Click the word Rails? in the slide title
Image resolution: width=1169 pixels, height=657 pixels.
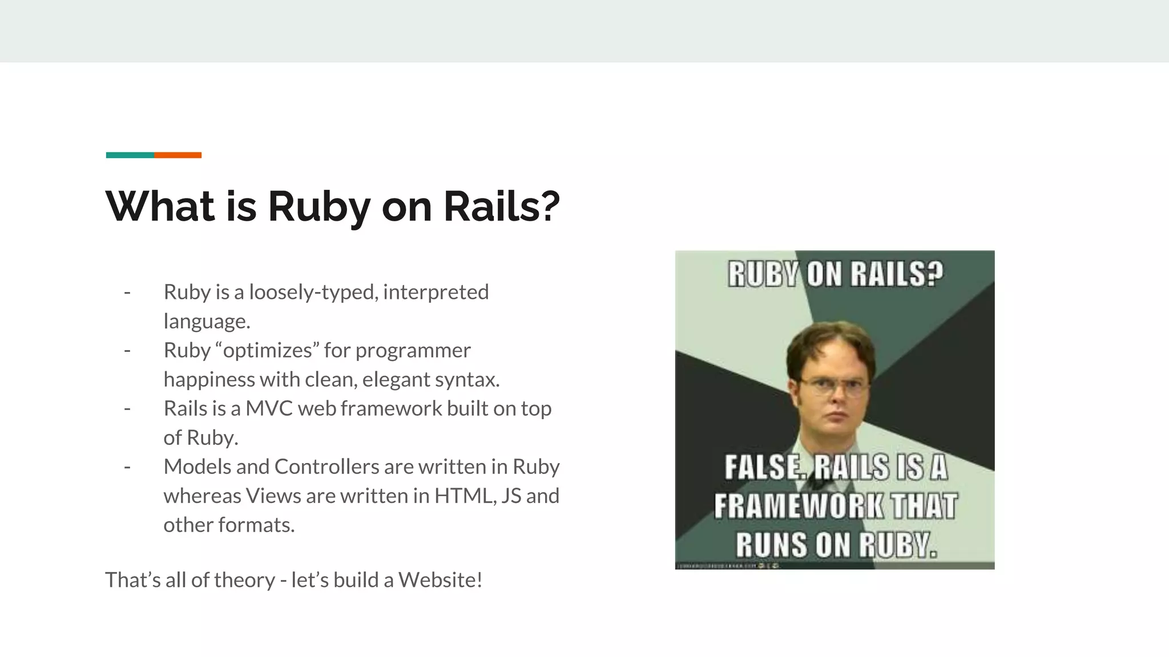(x=501, y=206)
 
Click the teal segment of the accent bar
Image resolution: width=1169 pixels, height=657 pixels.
(x=130, y=155)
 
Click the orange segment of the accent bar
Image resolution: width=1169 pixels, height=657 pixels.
(x=178, y=155)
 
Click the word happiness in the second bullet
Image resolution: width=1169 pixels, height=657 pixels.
(x=209, y=380)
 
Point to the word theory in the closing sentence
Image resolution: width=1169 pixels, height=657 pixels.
(x=245, y=581)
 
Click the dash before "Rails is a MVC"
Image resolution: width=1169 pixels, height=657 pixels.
(x=127, y=409)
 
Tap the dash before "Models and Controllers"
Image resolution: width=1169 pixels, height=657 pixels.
(x=127, y=467)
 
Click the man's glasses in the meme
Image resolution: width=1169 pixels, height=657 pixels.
(x=831, y=388)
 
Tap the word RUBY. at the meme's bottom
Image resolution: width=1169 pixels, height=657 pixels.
(x=898, y=545)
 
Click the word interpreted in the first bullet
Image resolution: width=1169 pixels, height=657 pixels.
(x=436, y=293)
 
